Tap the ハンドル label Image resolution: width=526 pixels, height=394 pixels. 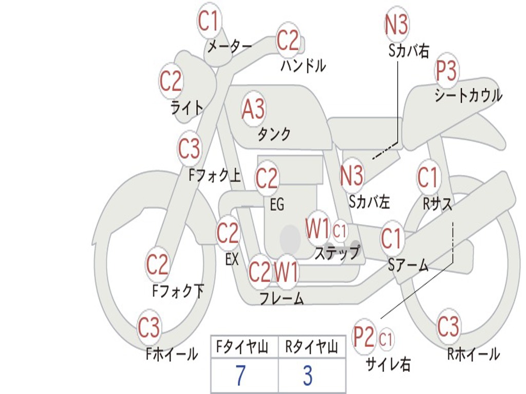tap(303, 66)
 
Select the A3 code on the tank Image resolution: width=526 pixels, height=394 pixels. tap(253, 108)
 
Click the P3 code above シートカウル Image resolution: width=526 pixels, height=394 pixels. tap(447, 71)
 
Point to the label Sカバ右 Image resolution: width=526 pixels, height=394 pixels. tap(409, 51)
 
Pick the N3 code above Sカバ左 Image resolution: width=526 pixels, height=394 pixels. tap(352, 174)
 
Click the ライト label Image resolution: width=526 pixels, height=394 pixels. tap(186, 107)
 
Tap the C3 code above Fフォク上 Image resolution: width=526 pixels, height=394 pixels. tap(190, 149)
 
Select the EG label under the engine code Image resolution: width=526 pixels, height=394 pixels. tap(277, 205)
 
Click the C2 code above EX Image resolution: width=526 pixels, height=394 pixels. tap(228, 233)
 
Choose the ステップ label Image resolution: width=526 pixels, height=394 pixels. tap(337, 253)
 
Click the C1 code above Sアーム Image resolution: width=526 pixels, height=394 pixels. tap(392, 239)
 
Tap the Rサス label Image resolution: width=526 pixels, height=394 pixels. tap(438, 204)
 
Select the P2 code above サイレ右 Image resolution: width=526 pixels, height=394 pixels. tap(364, 337)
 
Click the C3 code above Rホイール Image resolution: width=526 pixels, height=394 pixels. tap(448, 326)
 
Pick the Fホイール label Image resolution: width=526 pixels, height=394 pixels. tap(172, 354)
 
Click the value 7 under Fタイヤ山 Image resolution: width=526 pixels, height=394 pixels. tap(241, 376)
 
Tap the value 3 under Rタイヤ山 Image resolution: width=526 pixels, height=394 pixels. tap(307, 376)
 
